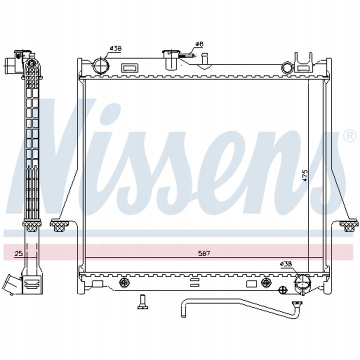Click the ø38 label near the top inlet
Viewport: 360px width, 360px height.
(115, 48)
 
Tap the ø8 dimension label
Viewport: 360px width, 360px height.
(199, 44)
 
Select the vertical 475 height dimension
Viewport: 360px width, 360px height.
(304, 175)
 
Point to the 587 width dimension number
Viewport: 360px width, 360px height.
(203, 253)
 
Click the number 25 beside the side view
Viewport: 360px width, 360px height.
(18, 253)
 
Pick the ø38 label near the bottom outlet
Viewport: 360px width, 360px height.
(285, 263)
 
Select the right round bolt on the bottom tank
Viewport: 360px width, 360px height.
(265, 283)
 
